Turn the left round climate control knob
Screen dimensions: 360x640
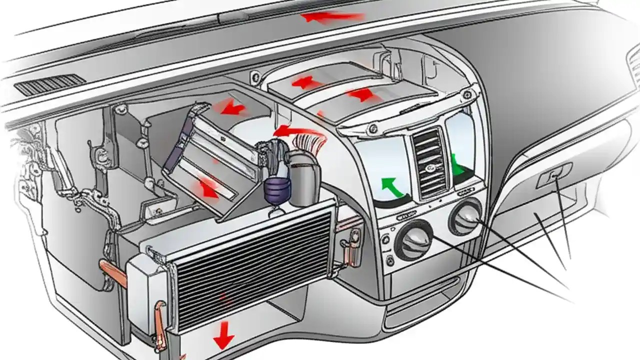414,239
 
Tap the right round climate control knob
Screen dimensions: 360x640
466,216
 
